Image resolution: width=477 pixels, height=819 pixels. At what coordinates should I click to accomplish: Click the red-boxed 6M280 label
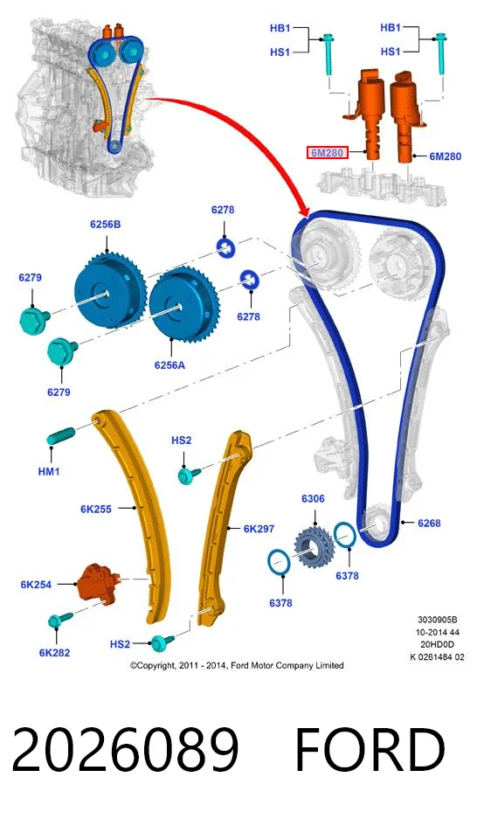coord(328,153)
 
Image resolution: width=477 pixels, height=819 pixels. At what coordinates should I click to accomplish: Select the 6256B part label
coord(106,225)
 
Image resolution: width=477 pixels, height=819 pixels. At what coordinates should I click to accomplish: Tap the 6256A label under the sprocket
coord(169,365)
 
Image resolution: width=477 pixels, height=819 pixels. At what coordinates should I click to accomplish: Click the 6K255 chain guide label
coord(96,510)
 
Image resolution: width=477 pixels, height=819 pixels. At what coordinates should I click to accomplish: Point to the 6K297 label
coord(259,529)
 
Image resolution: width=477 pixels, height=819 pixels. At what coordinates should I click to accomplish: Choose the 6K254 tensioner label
coord(36,585)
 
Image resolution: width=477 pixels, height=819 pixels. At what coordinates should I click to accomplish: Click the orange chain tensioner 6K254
coord(98,582)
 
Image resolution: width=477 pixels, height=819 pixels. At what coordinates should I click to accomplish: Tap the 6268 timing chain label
coord(429,524)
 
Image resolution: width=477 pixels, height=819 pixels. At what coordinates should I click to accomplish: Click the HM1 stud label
coord(49,472)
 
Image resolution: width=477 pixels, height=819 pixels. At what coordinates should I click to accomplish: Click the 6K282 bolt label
coord(54,653)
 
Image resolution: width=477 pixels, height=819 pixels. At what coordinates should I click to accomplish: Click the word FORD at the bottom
coord(370,751)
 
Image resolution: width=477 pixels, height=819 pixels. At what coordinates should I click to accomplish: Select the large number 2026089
coord(125,751)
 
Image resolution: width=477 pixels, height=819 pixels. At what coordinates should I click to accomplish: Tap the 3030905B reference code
coord(438,620)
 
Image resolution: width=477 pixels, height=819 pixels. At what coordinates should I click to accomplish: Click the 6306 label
coord(313,499)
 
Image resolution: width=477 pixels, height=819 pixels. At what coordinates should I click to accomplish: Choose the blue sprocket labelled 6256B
coord(108,289)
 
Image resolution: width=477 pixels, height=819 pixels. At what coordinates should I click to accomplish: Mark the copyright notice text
coord(237,666)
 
